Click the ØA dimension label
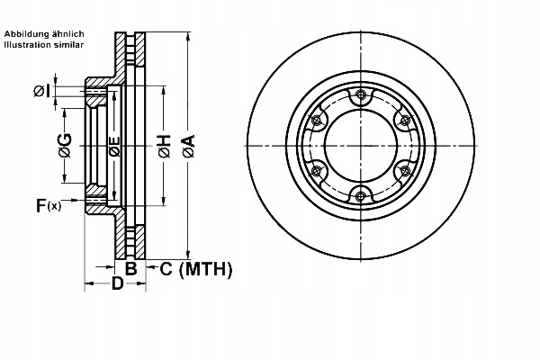(188, 146)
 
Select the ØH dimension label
(164, 146)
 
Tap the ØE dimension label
(114, 146)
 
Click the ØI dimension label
(41, 90)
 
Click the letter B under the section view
(130, 268)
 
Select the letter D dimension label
(116, 285)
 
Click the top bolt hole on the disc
(361, 95)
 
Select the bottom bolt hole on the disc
(361, 195)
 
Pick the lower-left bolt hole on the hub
(317, 171)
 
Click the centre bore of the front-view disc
(360, 146)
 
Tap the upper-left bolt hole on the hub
(317, 121)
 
